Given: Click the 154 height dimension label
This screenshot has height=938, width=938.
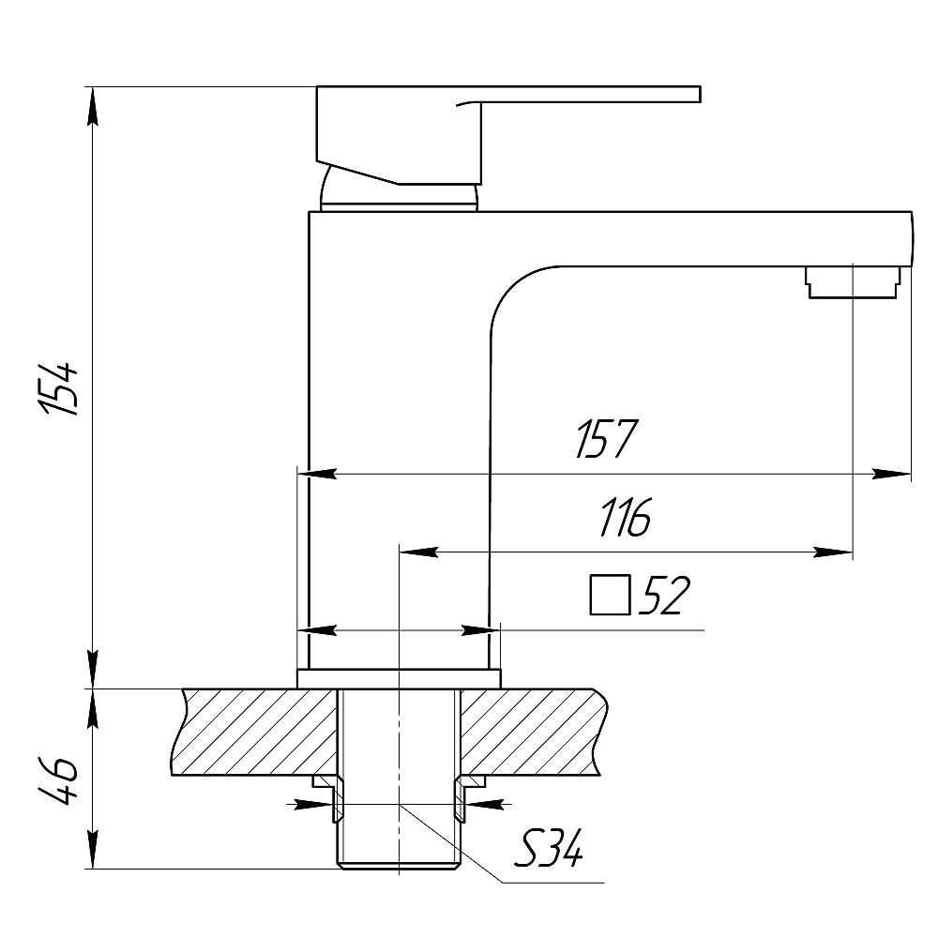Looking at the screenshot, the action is pyautogui.click(x=58, y=387).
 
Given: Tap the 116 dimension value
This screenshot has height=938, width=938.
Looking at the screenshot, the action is pyautogui.click(x=625, y=516).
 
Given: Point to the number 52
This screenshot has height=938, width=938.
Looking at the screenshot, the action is pyautogui.click(x=664, y=595).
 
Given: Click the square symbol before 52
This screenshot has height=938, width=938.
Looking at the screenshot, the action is pyautogui.click(x=611, y=595).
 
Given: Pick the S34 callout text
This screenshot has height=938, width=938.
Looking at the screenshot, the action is pyautogui.click(x=548, y=847).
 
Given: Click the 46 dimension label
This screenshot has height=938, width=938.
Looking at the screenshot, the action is pyautogui.click(x=58, y=780).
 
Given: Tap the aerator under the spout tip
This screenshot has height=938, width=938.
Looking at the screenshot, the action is pyautogui.click(x=853, y=281).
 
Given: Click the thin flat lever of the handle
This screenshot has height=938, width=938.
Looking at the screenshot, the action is pyautogui.click(x=589, y=94).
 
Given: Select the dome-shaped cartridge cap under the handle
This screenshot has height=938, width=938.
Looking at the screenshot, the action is pyautogui.click(x=399, y=189).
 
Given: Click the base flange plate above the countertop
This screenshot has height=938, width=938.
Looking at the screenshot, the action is pyautogui.click(x=399, y=679).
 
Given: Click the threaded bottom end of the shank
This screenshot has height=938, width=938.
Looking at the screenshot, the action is pyautogui.click(x=399, y=864).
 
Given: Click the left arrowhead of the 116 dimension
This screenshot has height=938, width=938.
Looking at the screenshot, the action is pyautogui.click(x=418, y=552).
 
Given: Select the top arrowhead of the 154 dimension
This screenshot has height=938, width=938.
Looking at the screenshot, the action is pyautogui.click(x=92, y=107).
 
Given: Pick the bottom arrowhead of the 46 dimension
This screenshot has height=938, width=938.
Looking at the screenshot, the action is pyautogui.click(x=92, y=850).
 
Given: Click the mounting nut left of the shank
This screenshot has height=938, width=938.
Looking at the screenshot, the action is pyautogui.click(x=326, y=796).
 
